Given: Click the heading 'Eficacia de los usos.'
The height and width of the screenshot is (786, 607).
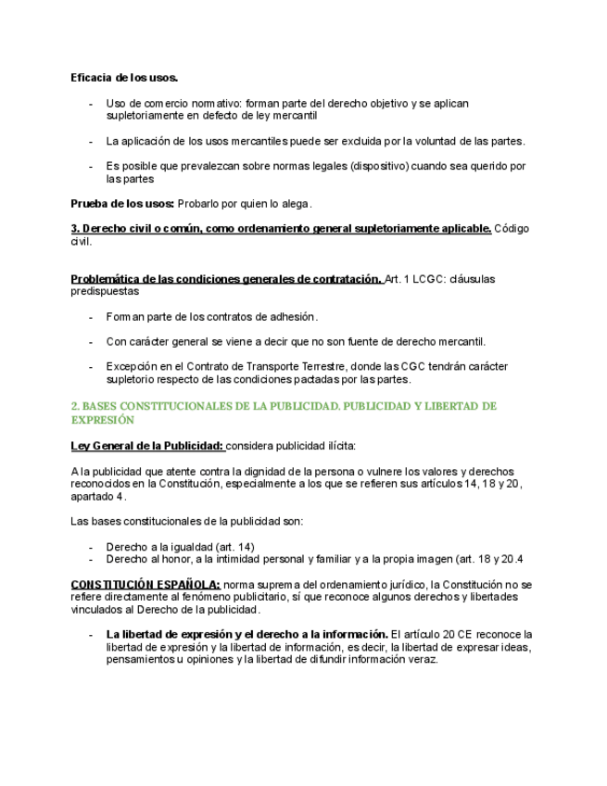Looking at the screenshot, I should (x=124, y=77).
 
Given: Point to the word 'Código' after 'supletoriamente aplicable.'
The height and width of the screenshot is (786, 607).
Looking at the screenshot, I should (x=512, y=228).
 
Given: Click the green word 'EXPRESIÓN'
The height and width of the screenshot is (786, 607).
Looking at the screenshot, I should (x=103, y=419).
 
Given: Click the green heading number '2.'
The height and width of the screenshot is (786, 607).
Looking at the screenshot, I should (x=75, y=406).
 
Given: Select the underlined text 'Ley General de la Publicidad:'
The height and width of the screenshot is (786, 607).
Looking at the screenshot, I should (x=147, y=445).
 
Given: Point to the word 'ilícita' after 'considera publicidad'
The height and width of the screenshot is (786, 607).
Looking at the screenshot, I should (x=324, y=445).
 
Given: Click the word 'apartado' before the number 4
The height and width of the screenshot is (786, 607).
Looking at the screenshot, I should (x=94, y=496).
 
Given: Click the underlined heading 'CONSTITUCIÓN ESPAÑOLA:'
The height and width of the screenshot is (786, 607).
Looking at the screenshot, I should (x=145, y=585).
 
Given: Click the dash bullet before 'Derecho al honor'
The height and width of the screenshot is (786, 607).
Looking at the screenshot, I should (x=91, y=559).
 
